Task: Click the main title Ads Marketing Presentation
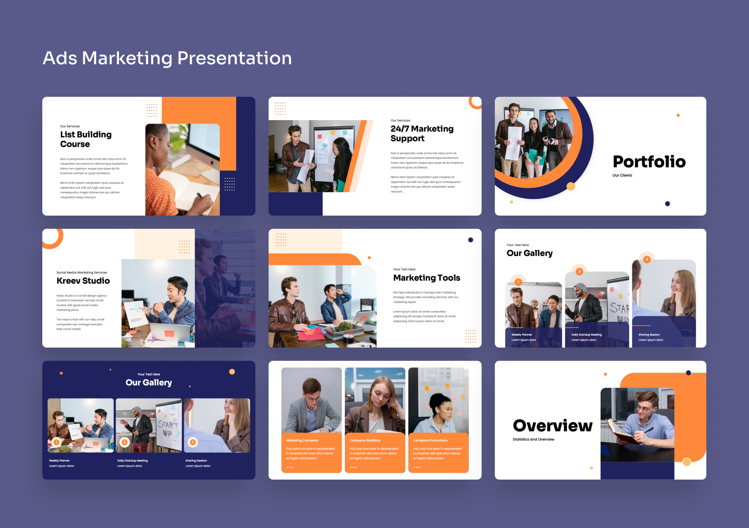167,58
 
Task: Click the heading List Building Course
86,139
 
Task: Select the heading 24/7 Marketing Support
422,133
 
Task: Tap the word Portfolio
649,161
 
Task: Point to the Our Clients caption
622,175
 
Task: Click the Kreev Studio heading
83,281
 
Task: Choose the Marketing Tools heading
426,278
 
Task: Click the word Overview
552,425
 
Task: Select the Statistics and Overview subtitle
533,439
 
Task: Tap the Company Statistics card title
365,440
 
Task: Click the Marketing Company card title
302,440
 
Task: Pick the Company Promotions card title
430,440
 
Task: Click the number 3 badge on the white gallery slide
647,259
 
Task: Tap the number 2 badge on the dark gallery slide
125,442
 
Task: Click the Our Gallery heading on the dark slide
148,382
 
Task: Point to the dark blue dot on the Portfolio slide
667,204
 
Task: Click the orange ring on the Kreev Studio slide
52,238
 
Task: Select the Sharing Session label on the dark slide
196,461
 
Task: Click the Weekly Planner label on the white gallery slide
522,334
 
